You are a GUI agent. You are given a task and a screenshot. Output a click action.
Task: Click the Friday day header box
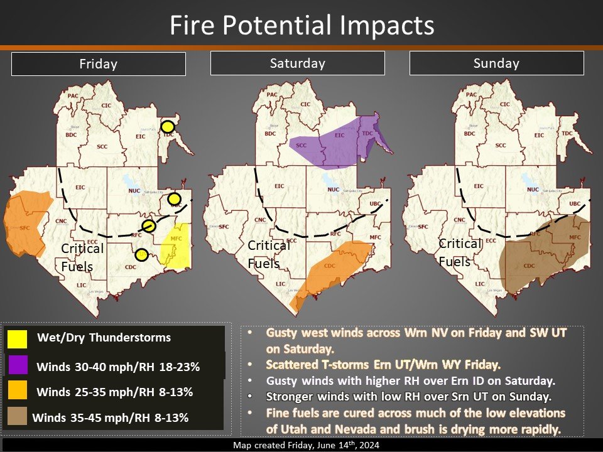[x=99, y=64]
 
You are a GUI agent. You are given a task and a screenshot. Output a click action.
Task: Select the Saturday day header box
[x=297, y=63]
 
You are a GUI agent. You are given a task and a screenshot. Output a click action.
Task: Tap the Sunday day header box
[x=496, y=63]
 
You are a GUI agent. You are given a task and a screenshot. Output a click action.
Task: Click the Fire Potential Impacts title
[x=301, y=25]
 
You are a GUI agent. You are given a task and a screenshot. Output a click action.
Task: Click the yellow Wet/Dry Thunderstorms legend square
[x=18, y=338]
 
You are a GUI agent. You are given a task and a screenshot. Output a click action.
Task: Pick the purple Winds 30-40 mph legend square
[x=18, y=366]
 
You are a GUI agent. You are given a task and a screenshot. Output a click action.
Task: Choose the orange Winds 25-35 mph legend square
[x=18, y=392]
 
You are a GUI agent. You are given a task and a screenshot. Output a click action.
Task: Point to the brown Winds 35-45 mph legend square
[x=18, y=417]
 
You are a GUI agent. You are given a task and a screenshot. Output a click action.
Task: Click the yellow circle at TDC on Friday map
[x=168, y=125]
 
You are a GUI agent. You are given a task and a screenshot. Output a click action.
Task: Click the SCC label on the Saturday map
[x=301, y=146]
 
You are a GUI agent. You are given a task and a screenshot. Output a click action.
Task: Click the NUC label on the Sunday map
[x=533, y=190]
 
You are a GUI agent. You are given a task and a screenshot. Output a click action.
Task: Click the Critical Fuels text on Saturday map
[x=269, y=254]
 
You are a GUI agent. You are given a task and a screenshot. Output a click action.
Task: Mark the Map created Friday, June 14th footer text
[x=301, y=446]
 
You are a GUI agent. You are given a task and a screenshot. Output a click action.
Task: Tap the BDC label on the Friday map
[x=71, y=134]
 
